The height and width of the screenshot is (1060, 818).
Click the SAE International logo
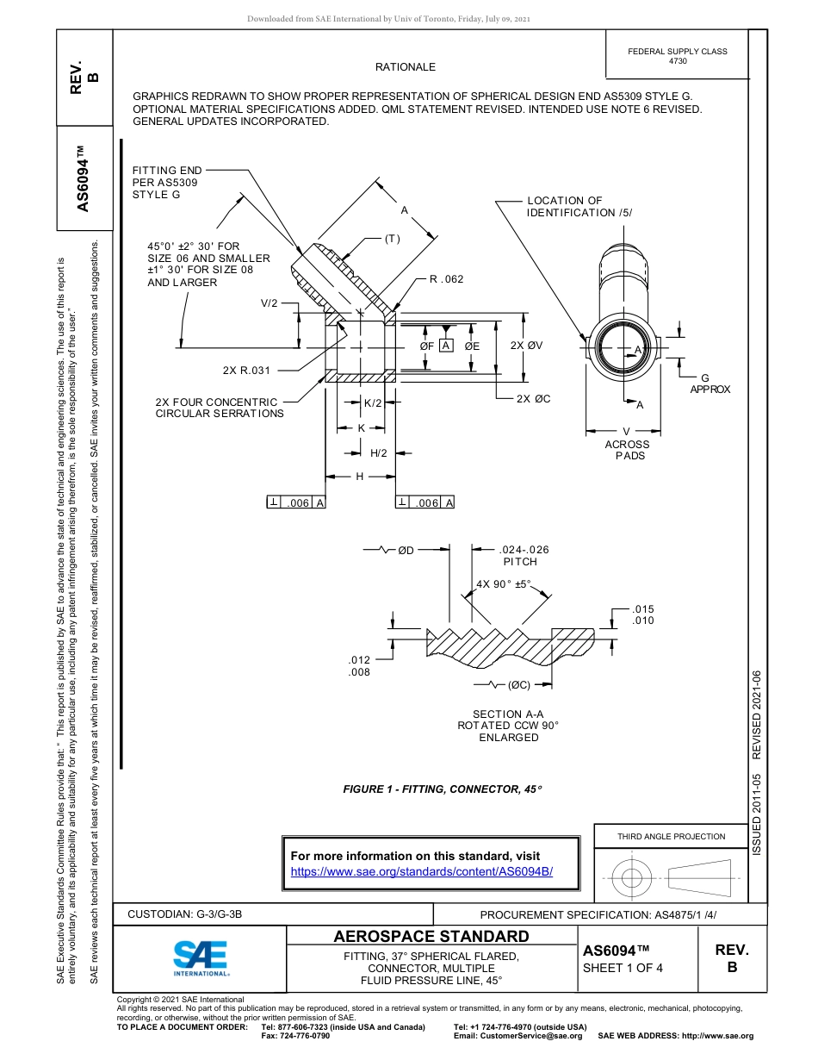tap(201, 957)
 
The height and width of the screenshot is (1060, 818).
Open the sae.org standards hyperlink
tap(422, 871)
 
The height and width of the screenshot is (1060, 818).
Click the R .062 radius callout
tap(446, 279)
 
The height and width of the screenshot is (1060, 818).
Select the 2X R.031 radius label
tap(246, 371)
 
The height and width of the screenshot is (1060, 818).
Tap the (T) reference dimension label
tap(393, 239)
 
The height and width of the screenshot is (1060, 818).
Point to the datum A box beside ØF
tap(445, 346)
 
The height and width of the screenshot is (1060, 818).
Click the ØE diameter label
tap(472, 346)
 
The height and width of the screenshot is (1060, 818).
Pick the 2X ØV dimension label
tap(526, 346)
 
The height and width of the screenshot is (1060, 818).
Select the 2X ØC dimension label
tap(533, 399)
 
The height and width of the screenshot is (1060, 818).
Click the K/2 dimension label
tap(373, 403)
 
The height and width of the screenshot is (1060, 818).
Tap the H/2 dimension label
tap(378, 453)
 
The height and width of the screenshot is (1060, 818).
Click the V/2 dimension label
tap(270, 303)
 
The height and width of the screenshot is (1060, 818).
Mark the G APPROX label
tap(709, 383)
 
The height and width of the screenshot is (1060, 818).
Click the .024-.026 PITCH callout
tap(524, 555)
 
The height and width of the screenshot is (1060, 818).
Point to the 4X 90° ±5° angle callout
tap(504, 583)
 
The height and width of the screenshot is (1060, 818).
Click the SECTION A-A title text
tap(508, 714)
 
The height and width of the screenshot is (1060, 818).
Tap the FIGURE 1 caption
tap(443, 789)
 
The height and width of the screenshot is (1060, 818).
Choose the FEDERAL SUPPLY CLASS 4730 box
tap(677, 56)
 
